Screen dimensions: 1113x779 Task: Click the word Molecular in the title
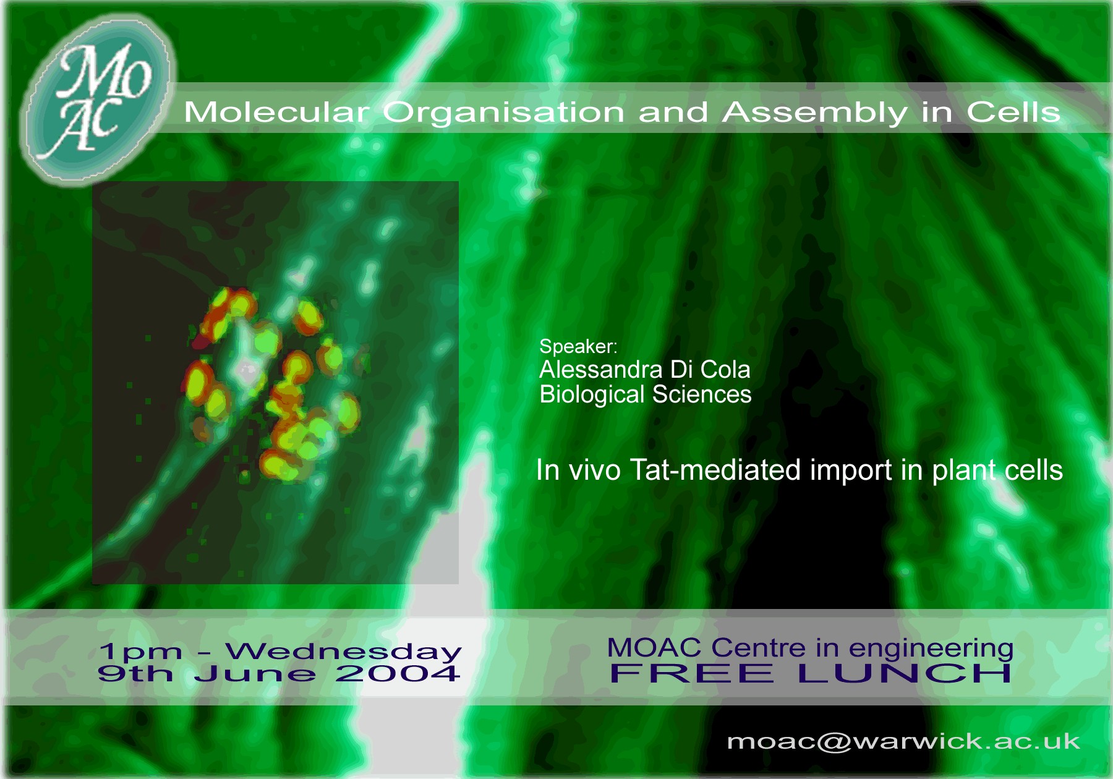click(x=276, y=112)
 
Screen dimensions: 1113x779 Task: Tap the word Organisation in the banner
click(x=503, y=113)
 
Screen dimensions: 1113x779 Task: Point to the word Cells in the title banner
click(x=1013, y=112)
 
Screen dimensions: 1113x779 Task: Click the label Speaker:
click(x=578, y=346)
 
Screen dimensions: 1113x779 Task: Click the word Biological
click(x=592, y=394)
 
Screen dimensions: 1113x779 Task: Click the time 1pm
click(x=141, y=652)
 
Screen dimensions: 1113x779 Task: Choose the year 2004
click(x=398, y=673)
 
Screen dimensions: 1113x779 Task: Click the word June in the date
click(x=255, y=673)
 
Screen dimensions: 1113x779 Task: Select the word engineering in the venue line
click(x=931, y=649)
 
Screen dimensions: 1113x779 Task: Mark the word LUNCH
click(x=905, y=673)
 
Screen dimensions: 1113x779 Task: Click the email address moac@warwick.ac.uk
click(x=903, y=741)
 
